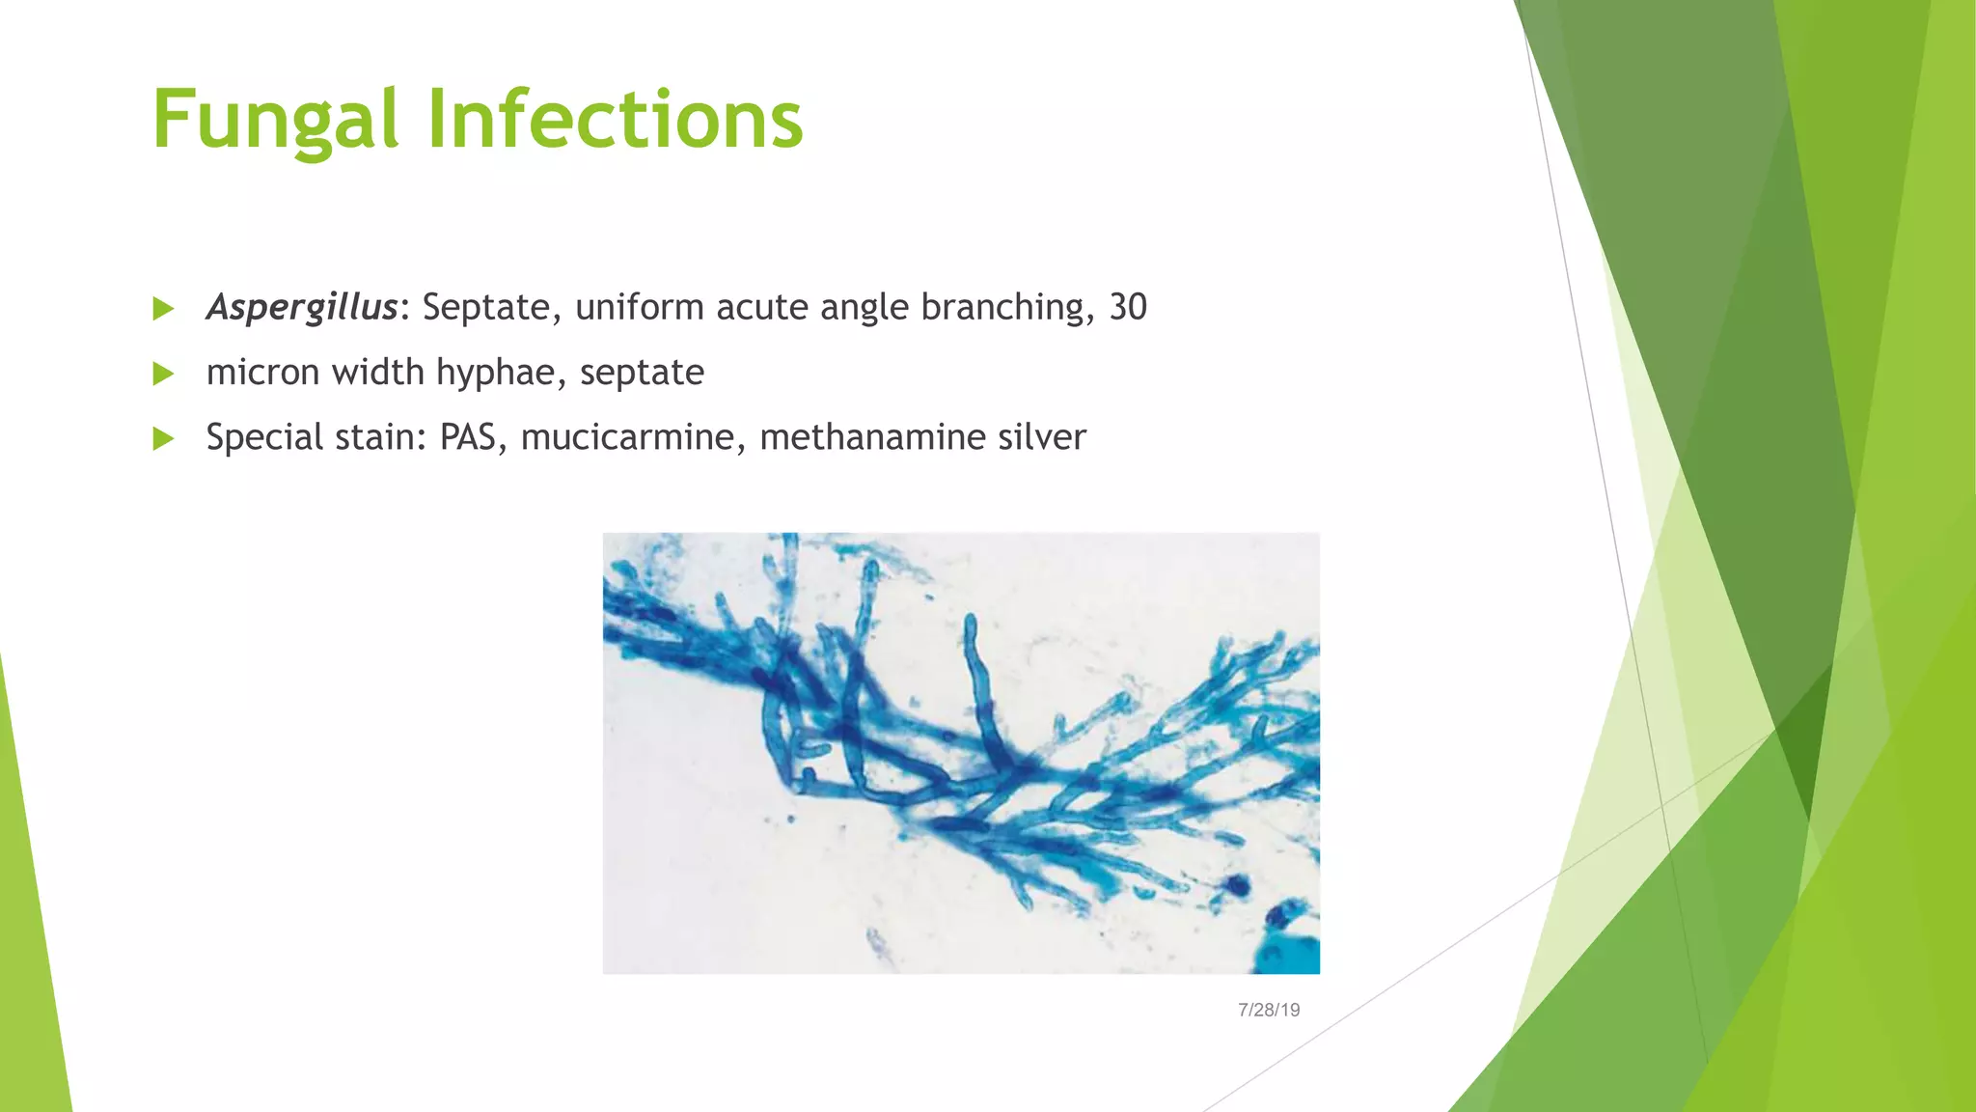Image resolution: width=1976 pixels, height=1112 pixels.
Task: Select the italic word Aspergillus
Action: (x=301, y=308)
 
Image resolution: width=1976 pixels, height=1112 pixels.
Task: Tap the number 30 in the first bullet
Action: (x=1128, y=308)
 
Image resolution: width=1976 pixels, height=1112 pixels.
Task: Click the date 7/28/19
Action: (x=1268, y=1010)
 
